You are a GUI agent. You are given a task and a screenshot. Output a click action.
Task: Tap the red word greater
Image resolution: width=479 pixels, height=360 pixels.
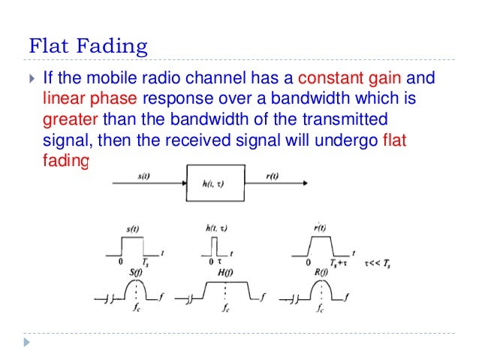(70, 119)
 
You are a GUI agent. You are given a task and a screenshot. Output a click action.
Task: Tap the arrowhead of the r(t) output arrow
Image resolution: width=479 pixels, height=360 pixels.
(304, 185)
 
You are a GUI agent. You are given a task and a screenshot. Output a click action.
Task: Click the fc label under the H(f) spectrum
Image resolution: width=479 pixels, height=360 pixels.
(225, 308)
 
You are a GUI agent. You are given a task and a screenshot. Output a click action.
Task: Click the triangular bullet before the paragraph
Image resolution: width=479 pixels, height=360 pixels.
(30, 78)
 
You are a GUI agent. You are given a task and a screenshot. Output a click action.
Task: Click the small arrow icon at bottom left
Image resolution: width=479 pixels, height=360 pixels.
(28, 342)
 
